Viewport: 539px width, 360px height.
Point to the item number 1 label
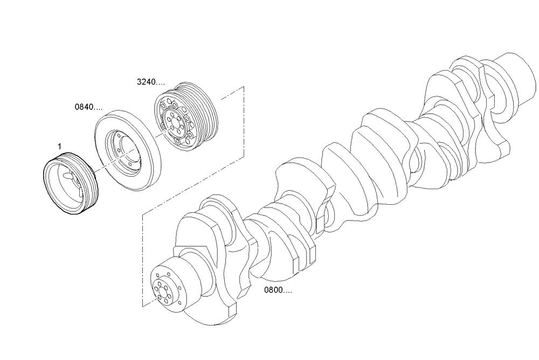click(59, 146)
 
